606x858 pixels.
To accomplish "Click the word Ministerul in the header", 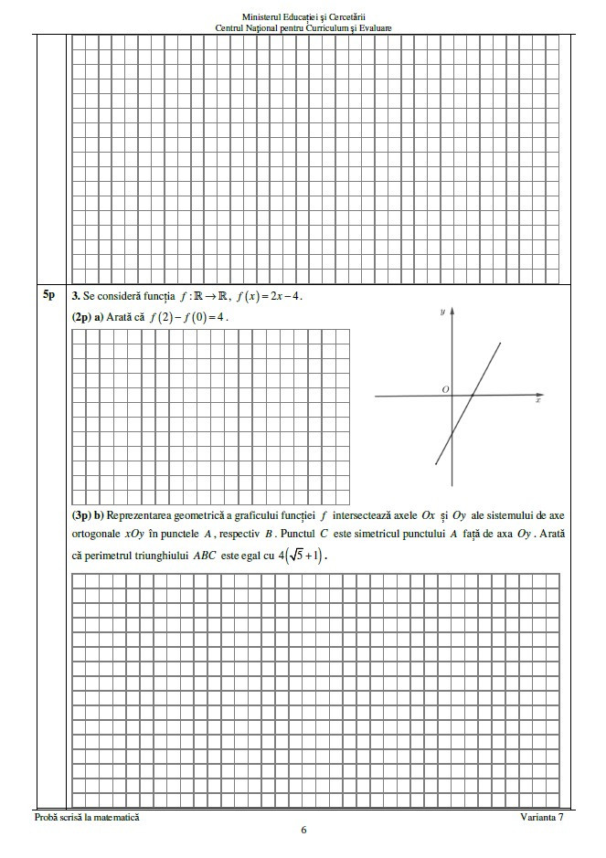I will (x=263, y=16).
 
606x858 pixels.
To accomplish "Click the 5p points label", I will (x=48, y=295).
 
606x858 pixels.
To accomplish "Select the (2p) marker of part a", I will (x=80, y=317).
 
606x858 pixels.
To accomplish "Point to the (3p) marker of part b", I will (x=80, y=516).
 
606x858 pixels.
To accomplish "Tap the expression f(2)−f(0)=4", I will (x=192, y=317).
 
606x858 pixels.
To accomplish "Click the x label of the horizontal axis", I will (x=538, y=400).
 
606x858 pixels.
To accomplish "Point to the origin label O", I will (x=445, y=389).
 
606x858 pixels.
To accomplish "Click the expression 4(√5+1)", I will (x=302, y=555).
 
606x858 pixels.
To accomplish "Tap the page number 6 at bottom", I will (x=303, y=831).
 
